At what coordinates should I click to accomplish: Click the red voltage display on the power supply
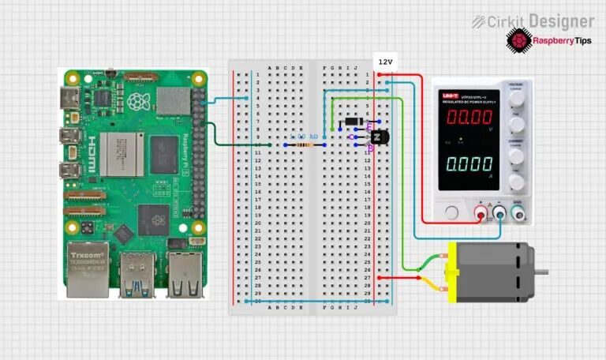pos(470,118)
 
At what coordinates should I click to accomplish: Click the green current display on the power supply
pos(470,166)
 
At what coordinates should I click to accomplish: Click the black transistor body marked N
pos(382,137)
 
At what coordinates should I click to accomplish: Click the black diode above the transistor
pos(353,122)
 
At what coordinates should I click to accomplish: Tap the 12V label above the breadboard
pos(385,62)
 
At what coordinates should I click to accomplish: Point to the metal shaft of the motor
pos(541,272)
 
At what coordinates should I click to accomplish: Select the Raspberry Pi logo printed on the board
pos(139,101)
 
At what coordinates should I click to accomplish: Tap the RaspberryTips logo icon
pos(518,39)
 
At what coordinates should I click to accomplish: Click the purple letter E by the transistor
pos(368,128)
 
